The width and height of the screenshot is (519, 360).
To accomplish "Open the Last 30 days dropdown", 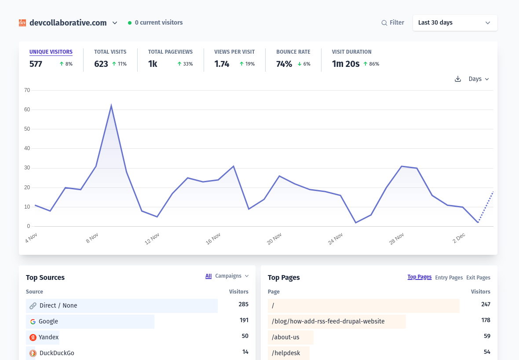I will (455, 23).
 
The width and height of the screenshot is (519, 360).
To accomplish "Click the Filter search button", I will (392, 23).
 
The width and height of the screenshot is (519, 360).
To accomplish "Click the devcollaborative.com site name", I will (68, 23).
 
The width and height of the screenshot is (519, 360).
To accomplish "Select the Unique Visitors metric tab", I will (51, 52).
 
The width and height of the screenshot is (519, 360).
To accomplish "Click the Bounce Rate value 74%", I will (284, 64).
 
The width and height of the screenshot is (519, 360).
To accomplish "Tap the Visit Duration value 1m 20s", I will (346, 64).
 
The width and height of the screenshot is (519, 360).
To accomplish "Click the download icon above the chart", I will (457, 79).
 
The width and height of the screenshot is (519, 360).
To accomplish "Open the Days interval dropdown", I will (479, 79).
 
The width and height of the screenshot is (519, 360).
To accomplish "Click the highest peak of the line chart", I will (111, 106).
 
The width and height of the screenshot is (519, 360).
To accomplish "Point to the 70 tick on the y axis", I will (27, 90).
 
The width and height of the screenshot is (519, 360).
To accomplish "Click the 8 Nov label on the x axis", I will (92, 239).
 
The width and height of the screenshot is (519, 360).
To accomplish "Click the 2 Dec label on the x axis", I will (459, 238).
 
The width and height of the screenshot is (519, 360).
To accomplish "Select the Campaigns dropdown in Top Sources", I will (232, 276).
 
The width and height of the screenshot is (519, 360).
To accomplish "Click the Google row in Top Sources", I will (48, 322).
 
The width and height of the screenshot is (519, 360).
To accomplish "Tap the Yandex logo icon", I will (33, 338).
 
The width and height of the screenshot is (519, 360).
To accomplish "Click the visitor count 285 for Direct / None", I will (243, 305).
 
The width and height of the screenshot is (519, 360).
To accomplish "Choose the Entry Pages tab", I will (449, 278).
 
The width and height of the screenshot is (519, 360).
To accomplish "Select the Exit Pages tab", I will (478, 278).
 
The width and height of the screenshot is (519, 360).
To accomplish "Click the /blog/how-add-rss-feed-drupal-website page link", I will (328, 322).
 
